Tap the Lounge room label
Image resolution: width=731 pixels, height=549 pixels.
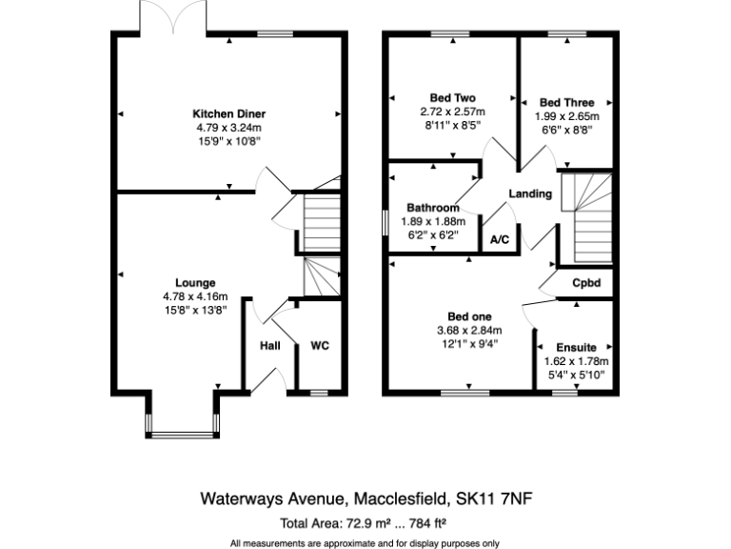(x=195, y=283)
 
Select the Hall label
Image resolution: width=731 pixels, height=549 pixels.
(x=270, y=346)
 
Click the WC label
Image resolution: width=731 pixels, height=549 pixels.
(x=319, y=346)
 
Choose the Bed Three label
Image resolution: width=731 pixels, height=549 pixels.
(x=566, y=103)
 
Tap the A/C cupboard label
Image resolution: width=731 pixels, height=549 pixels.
(x=500, y=242)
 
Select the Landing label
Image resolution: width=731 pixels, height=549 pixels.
(x=530, y=194)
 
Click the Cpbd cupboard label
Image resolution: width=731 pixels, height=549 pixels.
(x=585, y=283)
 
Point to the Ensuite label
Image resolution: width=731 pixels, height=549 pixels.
(x=576, y=348)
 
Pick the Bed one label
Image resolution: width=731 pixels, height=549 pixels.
(x=469, y=317)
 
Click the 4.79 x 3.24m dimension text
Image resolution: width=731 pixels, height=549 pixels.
(x=228, y=127)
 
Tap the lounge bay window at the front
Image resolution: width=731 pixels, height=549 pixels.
(x=184, y=436)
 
